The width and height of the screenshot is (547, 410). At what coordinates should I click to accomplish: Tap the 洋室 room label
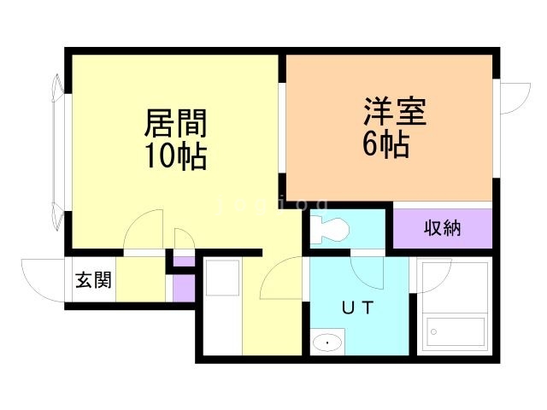point(394,114)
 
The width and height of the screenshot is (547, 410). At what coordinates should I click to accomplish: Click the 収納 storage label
point(443,228)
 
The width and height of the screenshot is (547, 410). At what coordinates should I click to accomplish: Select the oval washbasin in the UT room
point(326,343)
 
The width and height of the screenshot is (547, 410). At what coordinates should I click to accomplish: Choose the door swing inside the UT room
point(368,272)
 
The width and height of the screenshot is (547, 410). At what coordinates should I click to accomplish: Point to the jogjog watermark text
point(273,205)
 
